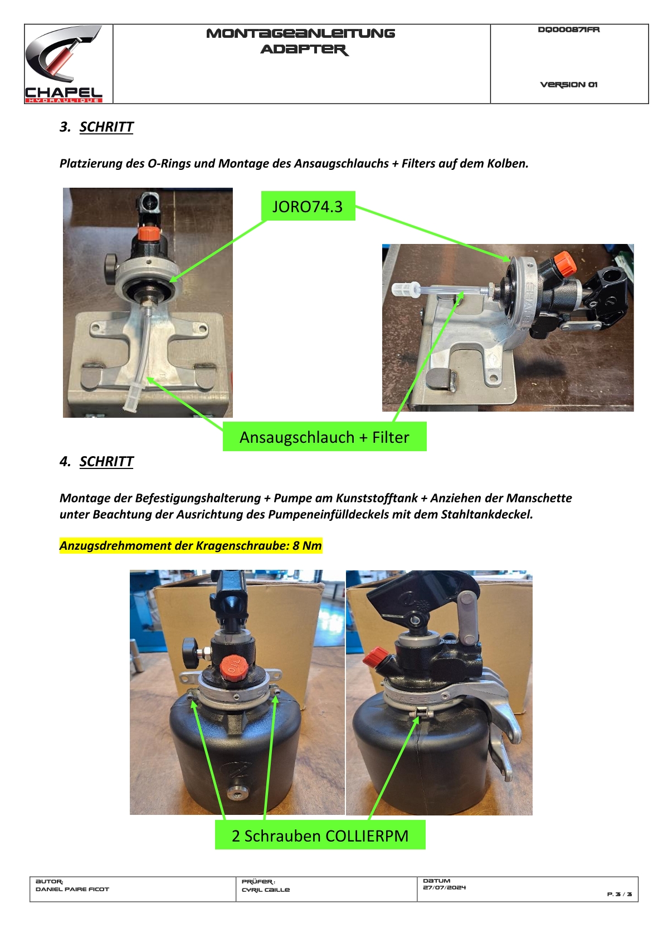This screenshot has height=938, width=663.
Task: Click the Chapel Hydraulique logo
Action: click(64, 63)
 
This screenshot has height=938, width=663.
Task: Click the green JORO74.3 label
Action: click(308, 206)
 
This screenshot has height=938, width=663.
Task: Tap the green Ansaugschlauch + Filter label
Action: click(324, 437)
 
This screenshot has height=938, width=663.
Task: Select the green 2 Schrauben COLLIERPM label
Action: click(320, 836)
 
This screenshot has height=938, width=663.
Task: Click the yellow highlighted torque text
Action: click(191, 545)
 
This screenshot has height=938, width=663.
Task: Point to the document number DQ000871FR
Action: click(568, 30)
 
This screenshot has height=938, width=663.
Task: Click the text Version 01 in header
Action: click(568, 85)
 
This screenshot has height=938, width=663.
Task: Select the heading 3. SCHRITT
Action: click(96, 127)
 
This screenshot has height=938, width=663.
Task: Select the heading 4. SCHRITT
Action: click(96, 461)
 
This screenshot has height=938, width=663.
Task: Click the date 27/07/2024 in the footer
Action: click(444, 887)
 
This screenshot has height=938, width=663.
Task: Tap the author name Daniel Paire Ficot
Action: click(72, 889)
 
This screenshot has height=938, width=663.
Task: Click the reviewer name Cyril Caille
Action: click(266, 890)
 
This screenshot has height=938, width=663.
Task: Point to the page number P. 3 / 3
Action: click(620, 894)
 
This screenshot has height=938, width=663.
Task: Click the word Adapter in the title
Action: click(305, 50)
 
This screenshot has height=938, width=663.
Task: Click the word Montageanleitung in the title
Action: click(300, 33)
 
